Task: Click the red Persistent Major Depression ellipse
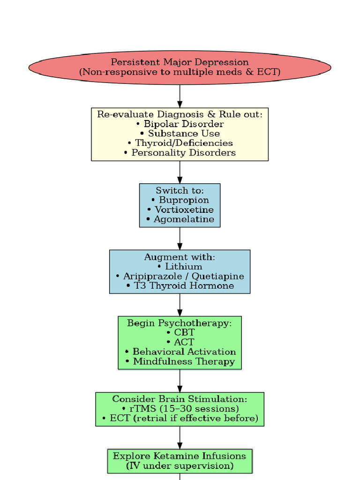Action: coord(180,67)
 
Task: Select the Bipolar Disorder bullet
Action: coord(180,124)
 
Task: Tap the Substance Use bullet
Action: coord(180,134)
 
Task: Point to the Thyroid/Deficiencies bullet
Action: coord(180,143)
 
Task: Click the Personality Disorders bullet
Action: coord(180,153)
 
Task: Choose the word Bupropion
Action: coord(184,200)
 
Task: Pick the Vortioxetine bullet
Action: coord(180,210)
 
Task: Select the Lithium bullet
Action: coord(180,267)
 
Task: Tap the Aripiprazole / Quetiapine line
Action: coord(180,276)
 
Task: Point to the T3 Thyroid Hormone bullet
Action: coord(180,286)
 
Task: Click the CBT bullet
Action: coord(180,333)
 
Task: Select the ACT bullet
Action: coord(180,342)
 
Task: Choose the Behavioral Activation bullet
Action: coord(180,352)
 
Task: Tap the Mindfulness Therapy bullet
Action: coord(180,361)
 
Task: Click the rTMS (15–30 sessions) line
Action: coord(180,409)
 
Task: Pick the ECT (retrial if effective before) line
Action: coord(180,418)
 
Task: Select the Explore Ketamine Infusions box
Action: coord(180,461)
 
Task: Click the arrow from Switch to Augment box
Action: coord(180,239)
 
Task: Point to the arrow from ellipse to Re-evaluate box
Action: coord(180,96)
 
